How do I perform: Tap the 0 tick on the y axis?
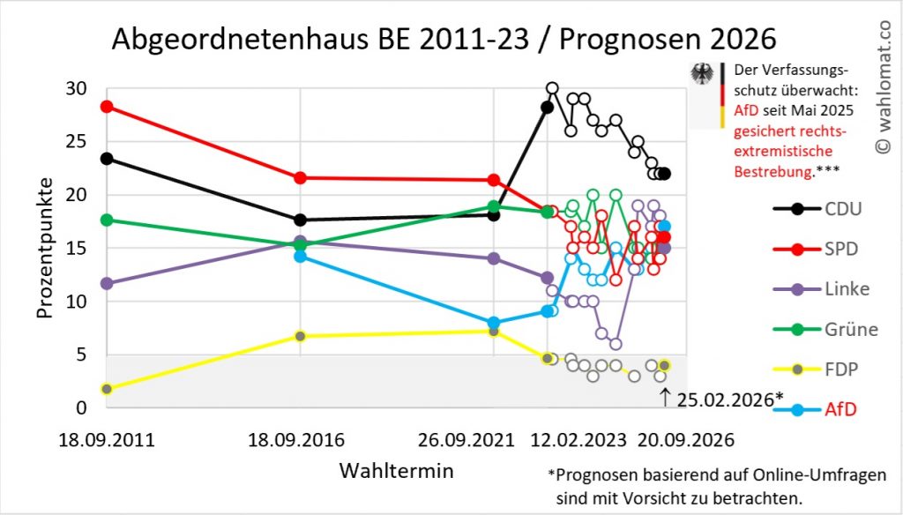pos(81,407)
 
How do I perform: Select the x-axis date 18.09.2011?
pos(106,439)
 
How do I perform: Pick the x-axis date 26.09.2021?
pos(493,439)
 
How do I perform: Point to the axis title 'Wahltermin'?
pos(397,471)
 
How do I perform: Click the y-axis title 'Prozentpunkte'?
pos(45,247)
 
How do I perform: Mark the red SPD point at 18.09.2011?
pos(107,107)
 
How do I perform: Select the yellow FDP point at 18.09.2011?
pos(107,389)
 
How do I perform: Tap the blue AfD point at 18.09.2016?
pos(300,256)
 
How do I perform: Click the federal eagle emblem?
pos(704,74)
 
